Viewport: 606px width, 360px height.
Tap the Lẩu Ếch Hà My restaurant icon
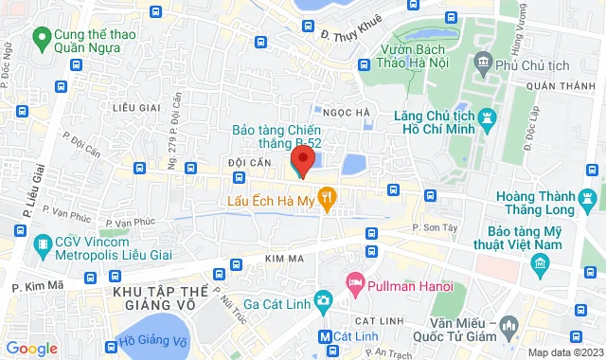tap(328, 200)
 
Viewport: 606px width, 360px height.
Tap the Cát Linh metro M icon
tap(325, 335)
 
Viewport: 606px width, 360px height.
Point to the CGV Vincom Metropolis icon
tap(41, 247)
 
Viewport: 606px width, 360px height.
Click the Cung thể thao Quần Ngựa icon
tap(41, 39)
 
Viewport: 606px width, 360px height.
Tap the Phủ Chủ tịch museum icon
tap(484, 64)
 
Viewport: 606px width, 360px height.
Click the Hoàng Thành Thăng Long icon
tap(589, 199)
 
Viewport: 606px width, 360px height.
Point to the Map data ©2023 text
tap(564, 352)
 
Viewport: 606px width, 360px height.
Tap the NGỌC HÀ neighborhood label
tap(346, 112)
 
